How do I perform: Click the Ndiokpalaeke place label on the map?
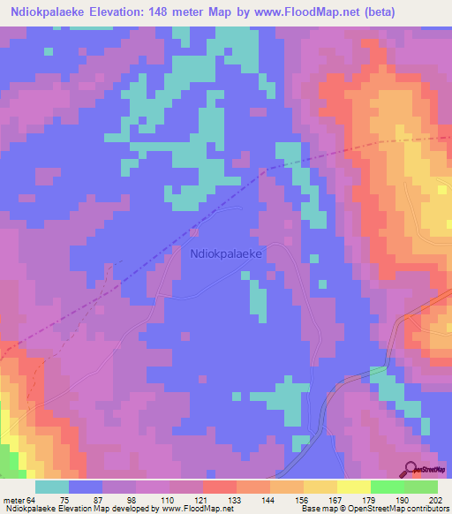click(229, 253)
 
